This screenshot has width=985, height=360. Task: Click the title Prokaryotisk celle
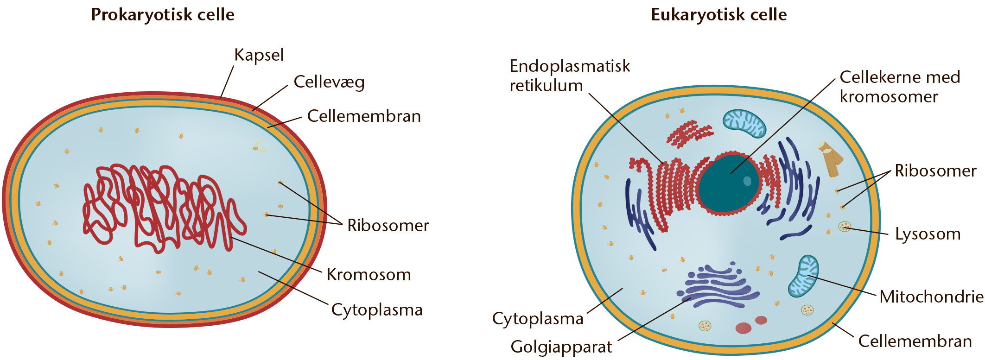coord(163,15)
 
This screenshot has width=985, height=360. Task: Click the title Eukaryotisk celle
coord(719,15)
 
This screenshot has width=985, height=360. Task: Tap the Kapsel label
coord(259,55)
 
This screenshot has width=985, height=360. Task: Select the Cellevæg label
coord(329,82)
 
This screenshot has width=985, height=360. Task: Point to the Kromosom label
coord(369,274)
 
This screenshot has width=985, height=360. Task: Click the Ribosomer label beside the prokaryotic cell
coord(388,225)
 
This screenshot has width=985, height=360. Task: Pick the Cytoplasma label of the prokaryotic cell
coord(377,310)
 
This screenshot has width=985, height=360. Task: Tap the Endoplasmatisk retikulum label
coord(570,76)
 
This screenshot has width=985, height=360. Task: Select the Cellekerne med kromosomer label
coord(900,87)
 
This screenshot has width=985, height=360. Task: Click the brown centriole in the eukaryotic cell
coord(831,159)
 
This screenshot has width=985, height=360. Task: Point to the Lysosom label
coord(928,234)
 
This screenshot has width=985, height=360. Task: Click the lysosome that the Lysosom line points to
coord(845,227)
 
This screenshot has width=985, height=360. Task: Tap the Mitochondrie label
coord(931,297)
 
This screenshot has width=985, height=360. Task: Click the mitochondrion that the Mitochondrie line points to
coord(803,276)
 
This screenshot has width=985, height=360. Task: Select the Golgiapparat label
coord(561,347)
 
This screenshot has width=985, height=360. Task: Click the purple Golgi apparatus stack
coord(718,286)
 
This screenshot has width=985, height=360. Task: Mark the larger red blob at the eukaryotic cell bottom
coord(744,328)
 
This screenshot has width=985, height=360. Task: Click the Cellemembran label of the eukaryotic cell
coord(915,341)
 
